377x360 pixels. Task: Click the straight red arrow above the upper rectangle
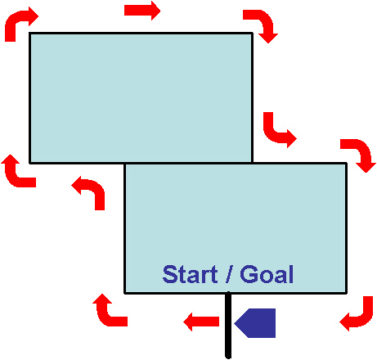(x=142, y=11)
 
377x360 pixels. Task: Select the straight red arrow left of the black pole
(x=201, y=322)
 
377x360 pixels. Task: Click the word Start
(x=190, y=274)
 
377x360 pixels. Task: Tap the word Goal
(x=267, y=274)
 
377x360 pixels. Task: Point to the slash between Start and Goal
(x=229, y=274)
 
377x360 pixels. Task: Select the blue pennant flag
(x=255, y=323)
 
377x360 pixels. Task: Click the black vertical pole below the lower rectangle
(x=228, y=325)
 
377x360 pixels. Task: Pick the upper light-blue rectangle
(x=141, y=98)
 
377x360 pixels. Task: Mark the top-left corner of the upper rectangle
(x=29, y=33)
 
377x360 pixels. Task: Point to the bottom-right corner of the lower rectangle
(x=347, y=293)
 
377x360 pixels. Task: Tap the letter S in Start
(x=169, y=274)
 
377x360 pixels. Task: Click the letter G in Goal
(x=248, y=274)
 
